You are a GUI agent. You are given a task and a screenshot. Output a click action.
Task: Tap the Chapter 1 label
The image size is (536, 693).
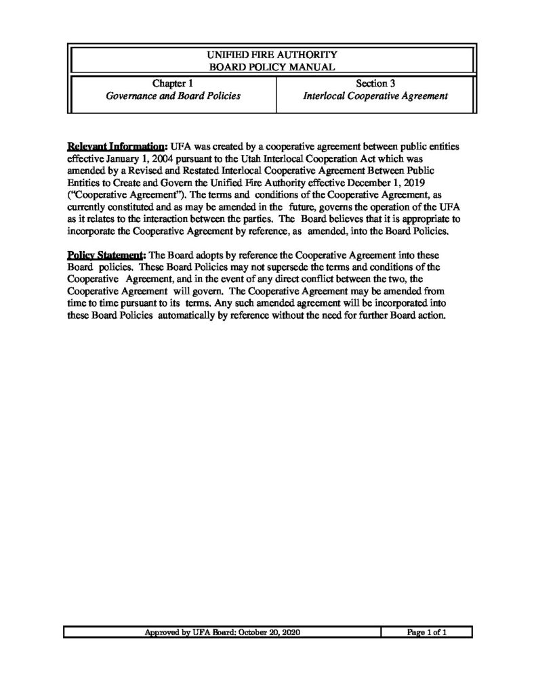point(172,84)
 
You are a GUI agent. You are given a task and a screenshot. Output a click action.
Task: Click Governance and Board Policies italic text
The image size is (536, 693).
point(173,96)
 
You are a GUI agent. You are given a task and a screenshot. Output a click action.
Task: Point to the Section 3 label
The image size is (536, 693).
point(375,84)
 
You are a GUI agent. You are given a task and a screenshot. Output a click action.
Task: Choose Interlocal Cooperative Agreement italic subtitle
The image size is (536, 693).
point(375,96)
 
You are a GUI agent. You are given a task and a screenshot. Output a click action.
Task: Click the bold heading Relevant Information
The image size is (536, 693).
point(115,146)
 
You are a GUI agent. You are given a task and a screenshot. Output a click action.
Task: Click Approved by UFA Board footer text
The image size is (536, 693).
point(222,632)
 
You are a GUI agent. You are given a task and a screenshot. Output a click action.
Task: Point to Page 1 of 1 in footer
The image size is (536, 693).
point(426,632)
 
